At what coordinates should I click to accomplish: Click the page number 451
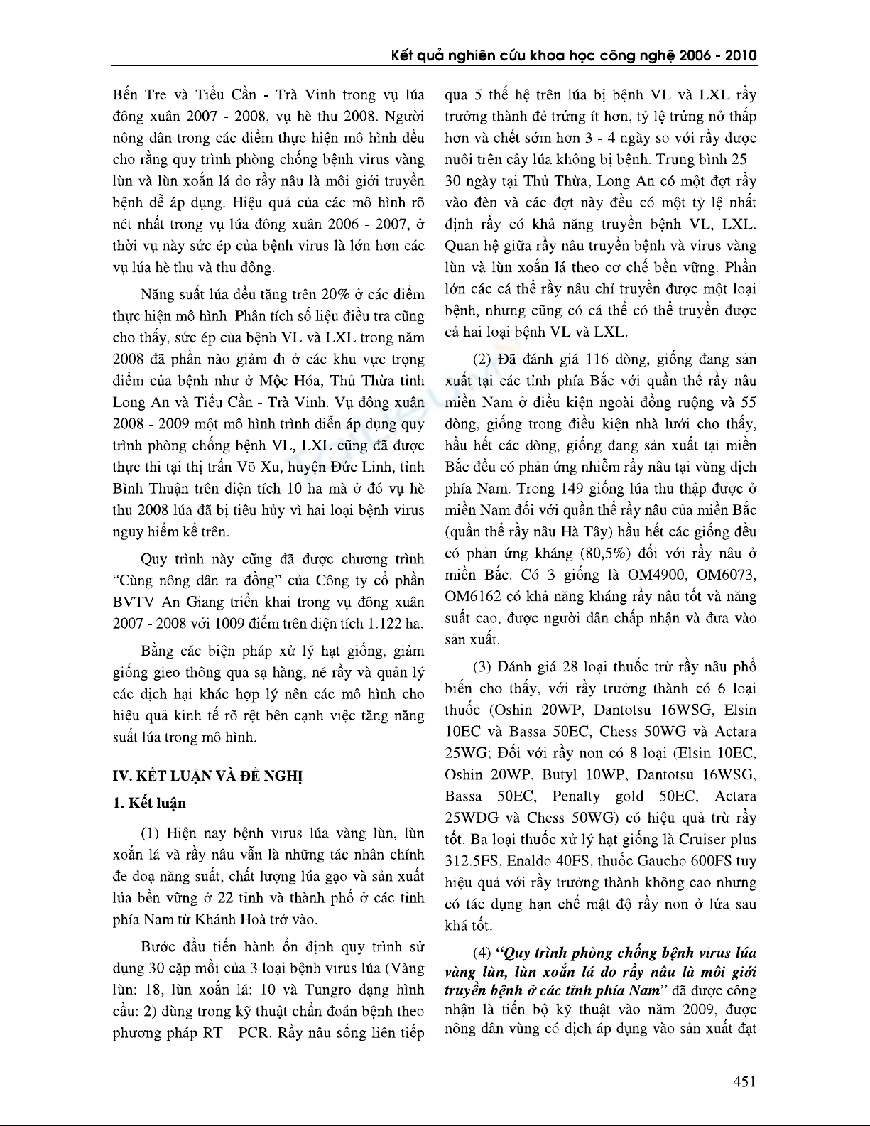[744, 1082]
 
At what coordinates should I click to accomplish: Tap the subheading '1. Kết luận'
[150, 803]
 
